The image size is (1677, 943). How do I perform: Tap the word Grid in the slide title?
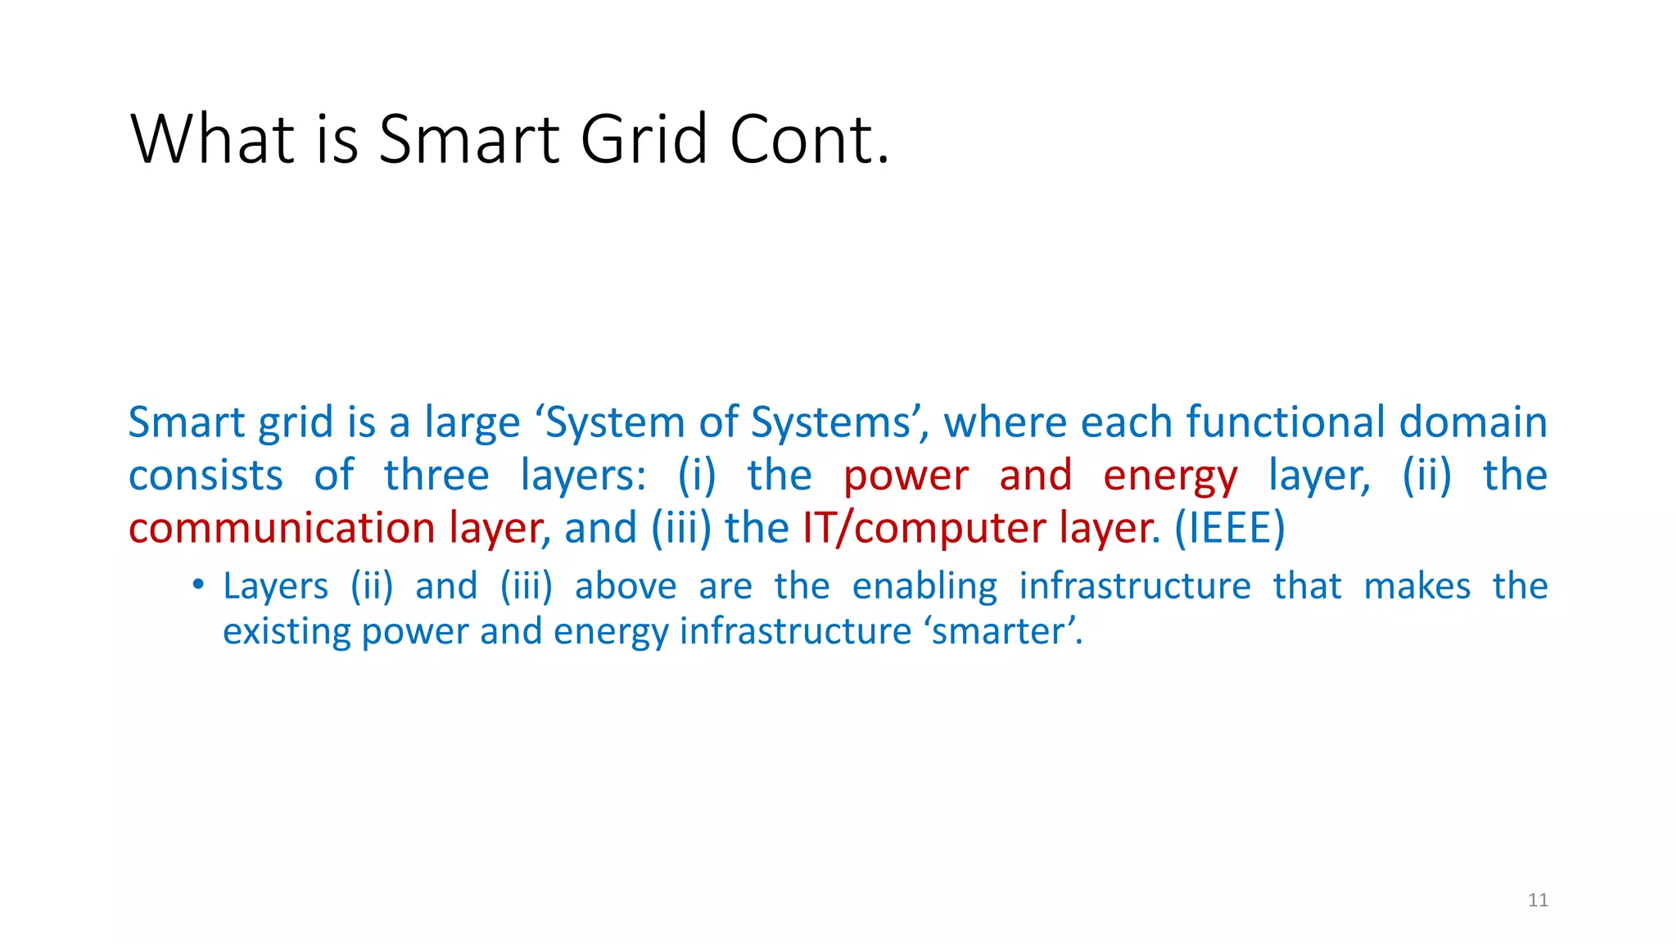point(644,138)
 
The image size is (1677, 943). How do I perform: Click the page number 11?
point(1538,900)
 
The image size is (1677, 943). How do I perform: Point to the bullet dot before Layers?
point(197,584)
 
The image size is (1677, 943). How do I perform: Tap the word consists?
point(206,476)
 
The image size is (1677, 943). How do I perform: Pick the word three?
point(436,476)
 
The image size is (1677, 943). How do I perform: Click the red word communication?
point(281,528)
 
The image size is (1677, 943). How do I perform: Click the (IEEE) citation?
point(1229,528)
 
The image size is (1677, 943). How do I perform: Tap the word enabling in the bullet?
point(924,587)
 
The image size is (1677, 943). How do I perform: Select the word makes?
point(1417,587)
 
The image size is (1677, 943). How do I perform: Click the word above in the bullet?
point(626,587)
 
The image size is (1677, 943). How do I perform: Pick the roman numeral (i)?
point(696,476)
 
